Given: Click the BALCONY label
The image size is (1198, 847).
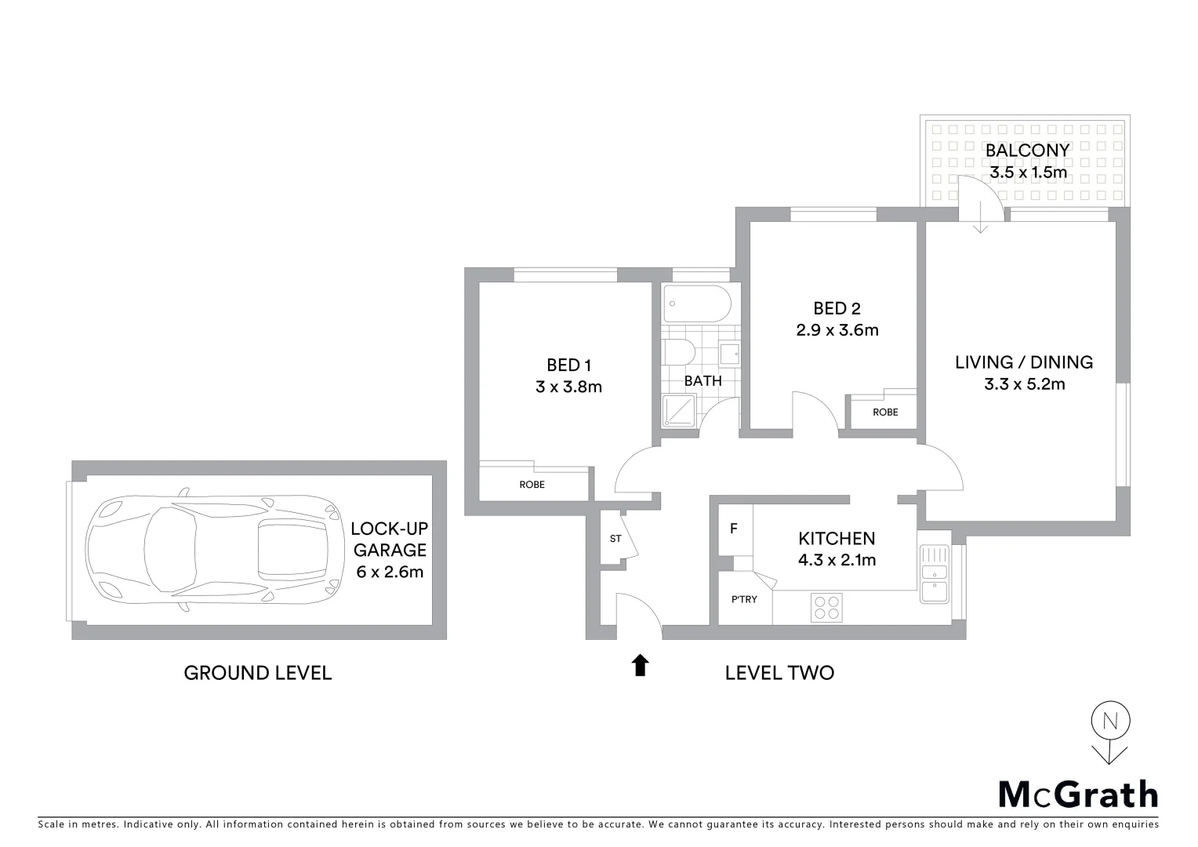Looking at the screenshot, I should (1027, 151).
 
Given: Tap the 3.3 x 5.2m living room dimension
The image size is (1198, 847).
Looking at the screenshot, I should (1024, 384).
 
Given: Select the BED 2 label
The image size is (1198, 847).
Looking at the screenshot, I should (837, 308).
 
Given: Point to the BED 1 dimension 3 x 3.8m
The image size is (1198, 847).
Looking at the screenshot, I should (568, 387).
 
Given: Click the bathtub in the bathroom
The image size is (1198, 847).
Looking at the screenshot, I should (696, 304).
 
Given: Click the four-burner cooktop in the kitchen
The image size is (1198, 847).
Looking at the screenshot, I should (826, 607).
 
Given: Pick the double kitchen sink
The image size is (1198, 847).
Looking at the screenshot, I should (934, 574).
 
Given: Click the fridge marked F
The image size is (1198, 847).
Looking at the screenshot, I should (734, 529).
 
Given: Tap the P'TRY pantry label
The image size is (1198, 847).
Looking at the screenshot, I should (744, 600).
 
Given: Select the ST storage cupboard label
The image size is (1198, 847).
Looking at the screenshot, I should (615, 539).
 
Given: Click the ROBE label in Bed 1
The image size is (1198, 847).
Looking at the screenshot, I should (532, 485).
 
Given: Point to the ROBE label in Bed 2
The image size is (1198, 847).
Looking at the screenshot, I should (885, 413).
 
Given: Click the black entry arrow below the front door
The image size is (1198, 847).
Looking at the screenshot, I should (640, 665).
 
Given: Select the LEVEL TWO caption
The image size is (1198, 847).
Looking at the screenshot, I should (779, 673).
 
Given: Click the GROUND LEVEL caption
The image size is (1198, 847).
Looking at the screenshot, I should (257, 673).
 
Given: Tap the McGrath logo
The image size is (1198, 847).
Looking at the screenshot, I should (1077, 794).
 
